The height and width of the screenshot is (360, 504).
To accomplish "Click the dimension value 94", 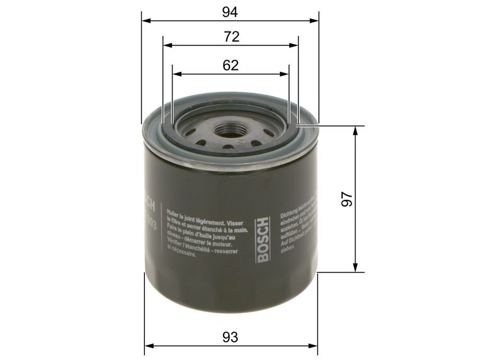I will (231, 11).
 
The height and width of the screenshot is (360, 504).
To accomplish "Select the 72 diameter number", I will (231, 37).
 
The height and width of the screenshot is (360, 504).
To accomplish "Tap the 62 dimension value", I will (231, 65).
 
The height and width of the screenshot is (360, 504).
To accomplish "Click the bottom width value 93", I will (231, 337).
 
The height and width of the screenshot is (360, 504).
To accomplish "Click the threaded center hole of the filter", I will (227, 131).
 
